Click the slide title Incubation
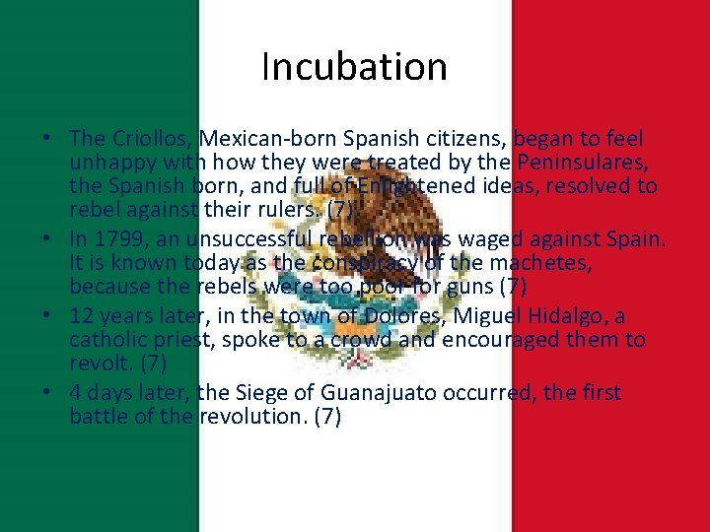point(355,67)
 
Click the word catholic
point(110,340)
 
